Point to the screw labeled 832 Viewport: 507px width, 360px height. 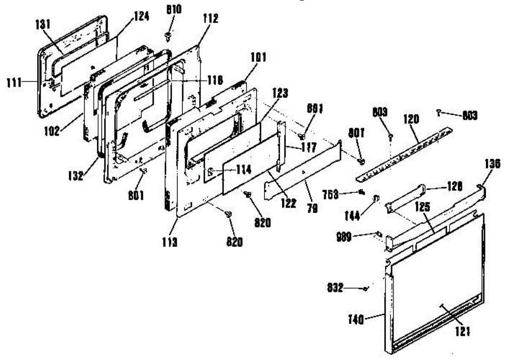coord(366,289)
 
